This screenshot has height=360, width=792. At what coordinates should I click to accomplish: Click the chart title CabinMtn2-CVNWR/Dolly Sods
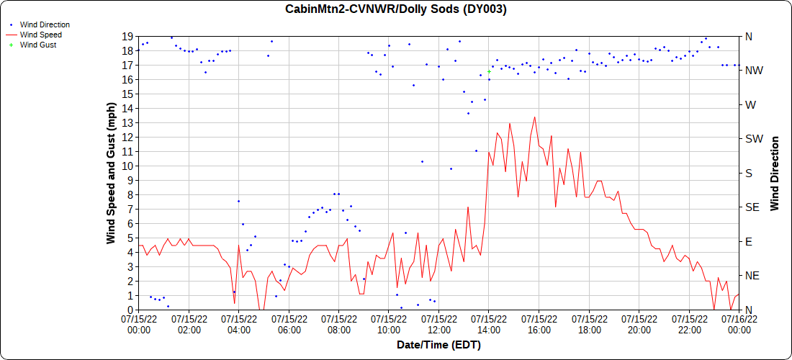[x=396, y=9]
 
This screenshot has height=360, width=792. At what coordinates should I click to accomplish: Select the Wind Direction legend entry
[x=45, y=24]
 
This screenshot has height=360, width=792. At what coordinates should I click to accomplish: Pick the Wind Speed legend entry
[x=40, y=35]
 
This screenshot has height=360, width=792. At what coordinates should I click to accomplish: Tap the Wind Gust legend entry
[x=38, y=45]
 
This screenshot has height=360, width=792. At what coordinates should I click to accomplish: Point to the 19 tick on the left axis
[x=127, y=36]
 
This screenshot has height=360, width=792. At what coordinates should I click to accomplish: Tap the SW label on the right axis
[x=753, y=139]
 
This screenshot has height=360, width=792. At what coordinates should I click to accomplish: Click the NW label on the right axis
[x=753, y=71]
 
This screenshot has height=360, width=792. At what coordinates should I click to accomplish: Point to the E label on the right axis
[x=748, y=241]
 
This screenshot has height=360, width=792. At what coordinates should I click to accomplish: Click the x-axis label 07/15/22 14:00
[x=489, y=323]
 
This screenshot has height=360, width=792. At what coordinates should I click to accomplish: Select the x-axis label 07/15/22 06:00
[x=289, y=323]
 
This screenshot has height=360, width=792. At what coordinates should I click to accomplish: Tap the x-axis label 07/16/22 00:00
[x=739, y=323]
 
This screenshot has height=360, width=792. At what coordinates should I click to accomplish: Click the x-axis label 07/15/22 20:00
[x=639, y=323]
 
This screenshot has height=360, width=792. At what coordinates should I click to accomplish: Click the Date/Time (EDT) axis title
[x=438, y=345]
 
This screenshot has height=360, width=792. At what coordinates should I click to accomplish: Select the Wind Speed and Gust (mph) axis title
[x=112, y=173]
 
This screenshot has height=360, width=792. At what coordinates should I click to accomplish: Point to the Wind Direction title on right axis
[x=775, y=173]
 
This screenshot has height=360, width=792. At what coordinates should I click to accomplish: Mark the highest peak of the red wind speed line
[x=534, y=117]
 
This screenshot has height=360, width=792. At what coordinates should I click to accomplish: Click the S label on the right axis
[x=748, y=173]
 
